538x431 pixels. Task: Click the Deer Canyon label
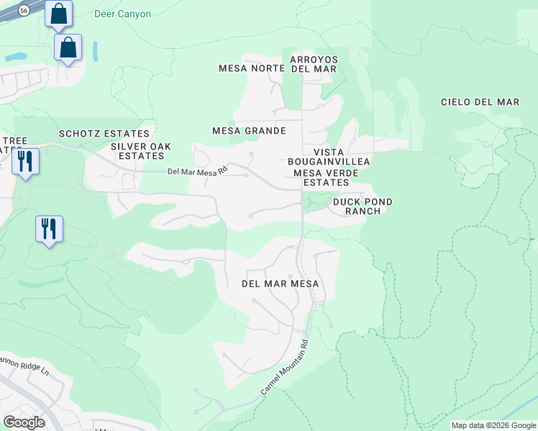pos(122,14)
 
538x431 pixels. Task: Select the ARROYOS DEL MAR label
pos(314,64)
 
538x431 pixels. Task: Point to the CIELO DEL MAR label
pos(480,102)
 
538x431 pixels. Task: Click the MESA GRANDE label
pos(249,131)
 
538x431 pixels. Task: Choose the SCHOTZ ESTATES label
pos(104,134)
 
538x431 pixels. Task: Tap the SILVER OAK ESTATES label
pos(141,151)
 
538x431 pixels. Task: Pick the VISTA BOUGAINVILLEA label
pos(329,157)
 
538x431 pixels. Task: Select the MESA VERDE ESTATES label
pos(322,177)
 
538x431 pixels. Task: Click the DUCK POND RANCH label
pos(363,206)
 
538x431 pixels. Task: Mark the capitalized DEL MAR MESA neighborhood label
pos(280,284)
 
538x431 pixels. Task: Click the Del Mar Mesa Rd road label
pos(197,171)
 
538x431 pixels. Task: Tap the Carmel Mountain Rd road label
pos(285,366)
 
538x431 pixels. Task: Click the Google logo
pos(24,422)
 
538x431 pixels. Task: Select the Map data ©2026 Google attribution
pos(493,425)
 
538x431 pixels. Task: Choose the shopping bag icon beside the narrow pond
pos(68,47)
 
